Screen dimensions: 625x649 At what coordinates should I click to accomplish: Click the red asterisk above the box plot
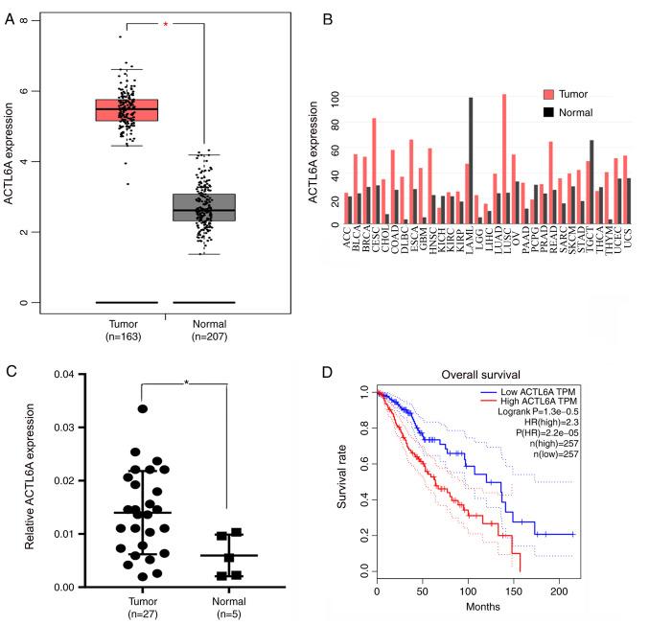[165, 24]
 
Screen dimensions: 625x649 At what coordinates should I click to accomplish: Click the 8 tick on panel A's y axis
[36, 20]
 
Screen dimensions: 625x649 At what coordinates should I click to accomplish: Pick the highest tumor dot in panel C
[142, 408]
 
